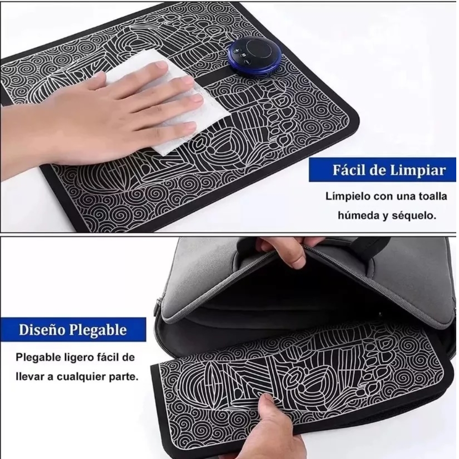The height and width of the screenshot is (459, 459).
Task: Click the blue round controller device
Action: [255, 55]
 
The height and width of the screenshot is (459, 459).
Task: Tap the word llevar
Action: [27, 376]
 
